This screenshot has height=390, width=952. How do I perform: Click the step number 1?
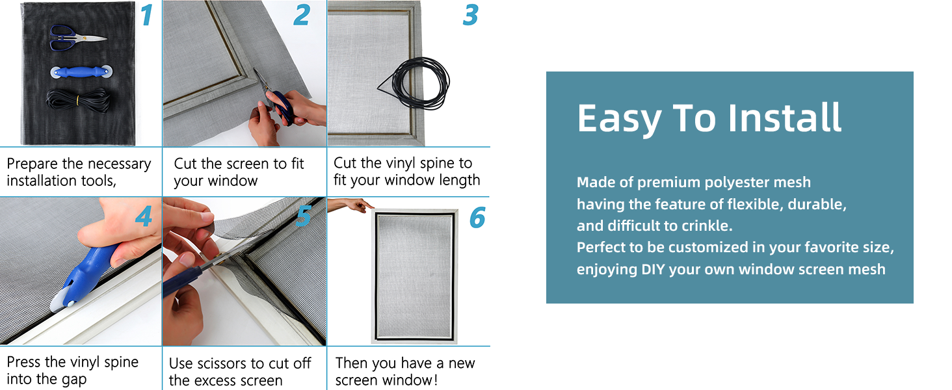click(146, 16)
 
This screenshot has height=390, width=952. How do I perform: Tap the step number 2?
click(302, 16)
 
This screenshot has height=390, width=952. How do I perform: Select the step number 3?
click(471, 16)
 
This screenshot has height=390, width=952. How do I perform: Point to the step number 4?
click(144, 216)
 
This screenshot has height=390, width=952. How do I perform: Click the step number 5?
click(304, 216)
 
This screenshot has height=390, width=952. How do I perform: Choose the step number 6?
click(477, 218)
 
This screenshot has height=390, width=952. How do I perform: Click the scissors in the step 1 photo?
click(78, 38)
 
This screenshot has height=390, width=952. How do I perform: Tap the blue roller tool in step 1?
click(81, 71)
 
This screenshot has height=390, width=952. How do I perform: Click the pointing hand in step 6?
click(351, 205)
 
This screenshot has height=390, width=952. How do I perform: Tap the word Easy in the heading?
click(619, 118)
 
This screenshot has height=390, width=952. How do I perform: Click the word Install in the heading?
click(784, 117)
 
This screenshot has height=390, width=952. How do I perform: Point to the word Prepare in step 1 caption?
click(33, 164)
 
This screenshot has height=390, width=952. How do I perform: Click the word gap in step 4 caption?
click(74, 380)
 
